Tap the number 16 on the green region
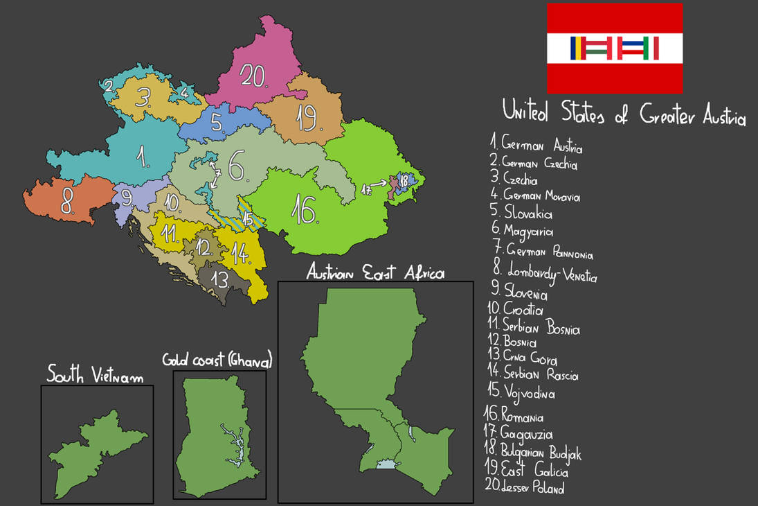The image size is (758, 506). (x=305, y=210)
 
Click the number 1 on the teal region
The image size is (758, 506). (x=143, y=158)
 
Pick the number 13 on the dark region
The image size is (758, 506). (x=220, y=279)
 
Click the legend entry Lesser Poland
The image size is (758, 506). (x=525, y=487)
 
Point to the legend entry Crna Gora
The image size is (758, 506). (x=525, y=359)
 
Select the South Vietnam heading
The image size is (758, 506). (x=95, y=376)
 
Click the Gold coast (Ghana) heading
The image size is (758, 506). (x=217, y=360)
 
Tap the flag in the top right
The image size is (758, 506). (x=615, y=48)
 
